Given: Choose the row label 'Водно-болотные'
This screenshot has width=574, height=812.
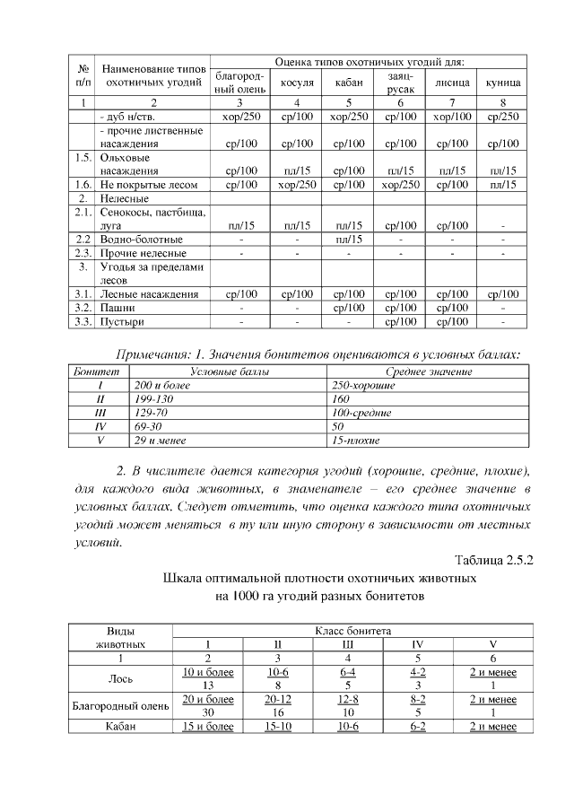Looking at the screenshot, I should pyautogui.click(x=141, y=240).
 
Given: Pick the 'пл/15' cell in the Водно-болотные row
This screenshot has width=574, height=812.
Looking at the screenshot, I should pyautogui.click(x=347, y=240).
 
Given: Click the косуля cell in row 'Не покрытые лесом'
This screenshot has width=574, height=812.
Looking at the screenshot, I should pyautogui.click(x=296, y=184).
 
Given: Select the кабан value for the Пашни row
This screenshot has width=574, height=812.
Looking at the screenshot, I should pyautogui.click(x=347, y=307).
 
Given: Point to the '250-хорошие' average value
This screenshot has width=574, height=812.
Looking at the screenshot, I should pyautogui.click(x=363, y=384).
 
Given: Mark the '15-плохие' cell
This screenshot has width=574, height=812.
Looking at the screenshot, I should pyautogui.click(x=356, y=441).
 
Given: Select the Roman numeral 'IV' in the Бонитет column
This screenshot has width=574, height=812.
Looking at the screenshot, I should pyautogui.click(x=100, y=427).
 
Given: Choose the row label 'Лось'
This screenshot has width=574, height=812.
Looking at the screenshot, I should pyautogui.click(x=120, y=677).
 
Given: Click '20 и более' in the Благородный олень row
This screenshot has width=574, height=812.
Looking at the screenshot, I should pyautogui.click(x=207, y=699).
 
